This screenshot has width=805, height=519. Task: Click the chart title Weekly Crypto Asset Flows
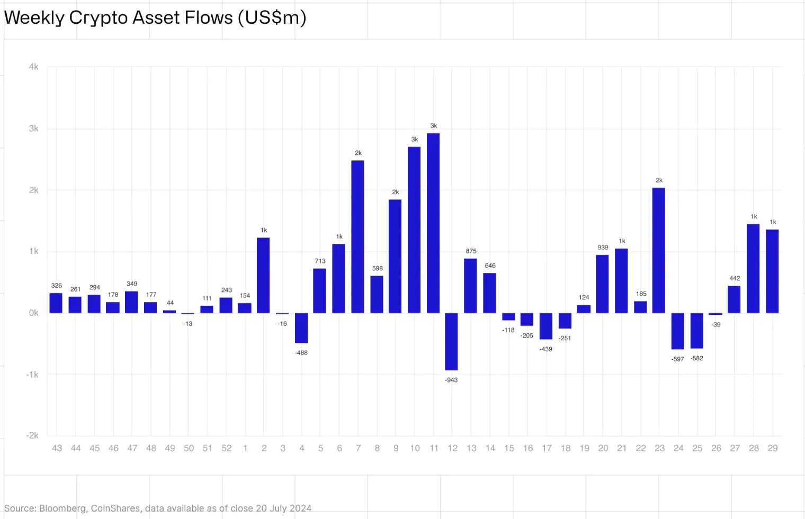(x=155, y=18)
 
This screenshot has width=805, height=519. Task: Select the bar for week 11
(x=433, y=223)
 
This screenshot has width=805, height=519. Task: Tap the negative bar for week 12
(x=451, y=341)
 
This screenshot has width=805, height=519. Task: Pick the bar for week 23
(x=659, y=250)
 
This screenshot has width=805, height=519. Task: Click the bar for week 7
(x=358, y=236)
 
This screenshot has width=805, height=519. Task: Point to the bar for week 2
(x=263, y=275)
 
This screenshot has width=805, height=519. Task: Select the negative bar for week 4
(x=301, y=328)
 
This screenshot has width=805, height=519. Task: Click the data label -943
(x=451, y=380)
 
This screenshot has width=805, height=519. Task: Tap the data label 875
(x=471, y=251)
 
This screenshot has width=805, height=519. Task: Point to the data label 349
(x=132, y=284)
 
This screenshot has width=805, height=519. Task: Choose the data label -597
(x=678, y=359)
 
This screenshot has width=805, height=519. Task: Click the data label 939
(x=603, y=248)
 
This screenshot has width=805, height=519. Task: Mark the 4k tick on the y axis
(x=34, y=67)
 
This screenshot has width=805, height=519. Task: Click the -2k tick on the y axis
(x=32, y=435)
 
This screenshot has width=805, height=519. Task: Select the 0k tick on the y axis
(x=34, y=313)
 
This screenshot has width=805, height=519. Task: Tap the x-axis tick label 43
(x=57, y=448)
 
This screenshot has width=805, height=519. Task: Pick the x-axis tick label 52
(x=227, y=448)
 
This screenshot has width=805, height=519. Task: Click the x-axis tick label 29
(x=773, y=448)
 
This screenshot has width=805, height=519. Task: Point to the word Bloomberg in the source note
(x=62, y=508)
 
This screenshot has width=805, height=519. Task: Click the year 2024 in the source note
(x=300, y=508)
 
